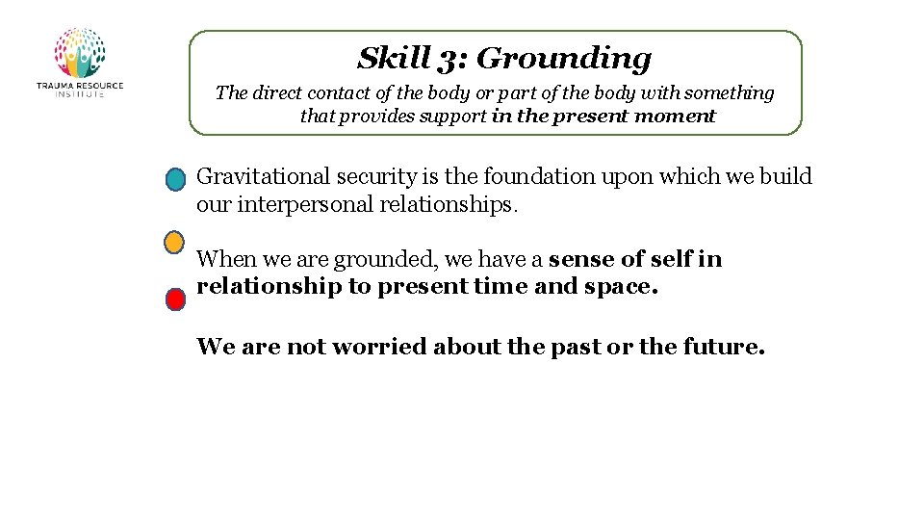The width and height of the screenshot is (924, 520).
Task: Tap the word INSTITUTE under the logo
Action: point(79,94)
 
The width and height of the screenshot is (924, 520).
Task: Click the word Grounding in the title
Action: point(564,59)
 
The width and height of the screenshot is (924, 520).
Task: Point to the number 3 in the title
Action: point(449,60)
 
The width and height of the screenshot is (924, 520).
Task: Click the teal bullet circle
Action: point(174,180)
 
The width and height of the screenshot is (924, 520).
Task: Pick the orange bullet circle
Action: point(174,242)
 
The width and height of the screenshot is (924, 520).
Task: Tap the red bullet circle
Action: point(175,299)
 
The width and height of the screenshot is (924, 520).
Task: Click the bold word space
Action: point(620,287)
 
